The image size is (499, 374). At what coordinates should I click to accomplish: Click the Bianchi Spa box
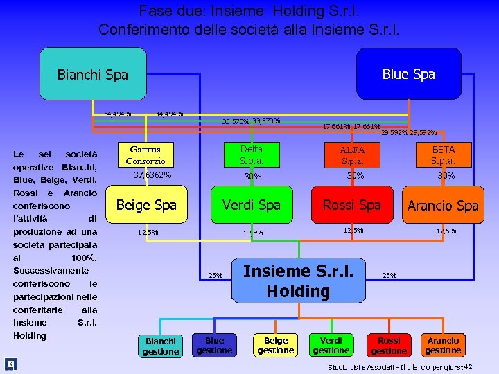click(93, 74)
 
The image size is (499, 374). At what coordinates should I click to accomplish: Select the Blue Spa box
click(408, 74)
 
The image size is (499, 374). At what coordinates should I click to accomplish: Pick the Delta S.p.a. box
click(252, 155)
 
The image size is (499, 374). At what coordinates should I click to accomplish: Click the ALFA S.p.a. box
click(352, 155)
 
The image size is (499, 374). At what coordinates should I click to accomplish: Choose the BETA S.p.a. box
click(444, 155)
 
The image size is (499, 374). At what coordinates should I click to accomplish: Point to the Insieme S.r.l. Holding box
click(298, 280)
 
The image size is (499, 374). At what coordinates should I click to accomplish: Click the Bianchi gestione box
click(161, 346)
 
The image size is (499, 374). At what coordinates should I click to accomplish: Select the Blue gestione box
click(215, 345)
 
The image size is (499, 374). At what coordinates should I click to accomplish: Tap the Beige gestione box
click(276, 345)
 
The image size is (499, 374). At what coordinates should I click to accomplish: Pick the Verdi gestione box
click(331, 345)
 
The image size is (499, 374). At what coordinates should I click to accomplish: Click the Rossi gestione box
click(389, 345)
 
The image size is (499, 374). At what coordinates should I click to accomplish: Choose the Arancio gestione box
click(444, 345)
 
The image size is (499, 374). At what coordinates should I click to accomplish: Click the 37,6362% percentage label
click(152, 175)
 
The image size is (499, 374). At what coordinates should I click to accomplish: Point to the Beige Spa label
click(146, 205)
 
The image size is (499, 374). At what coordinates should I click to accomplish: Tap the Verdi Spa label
click(251, 205)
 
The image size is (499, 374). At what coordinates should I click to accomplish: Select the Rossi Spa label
click(352, 205)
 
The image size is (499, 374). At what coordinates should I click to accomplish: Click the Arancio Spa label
click(443, 206)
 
